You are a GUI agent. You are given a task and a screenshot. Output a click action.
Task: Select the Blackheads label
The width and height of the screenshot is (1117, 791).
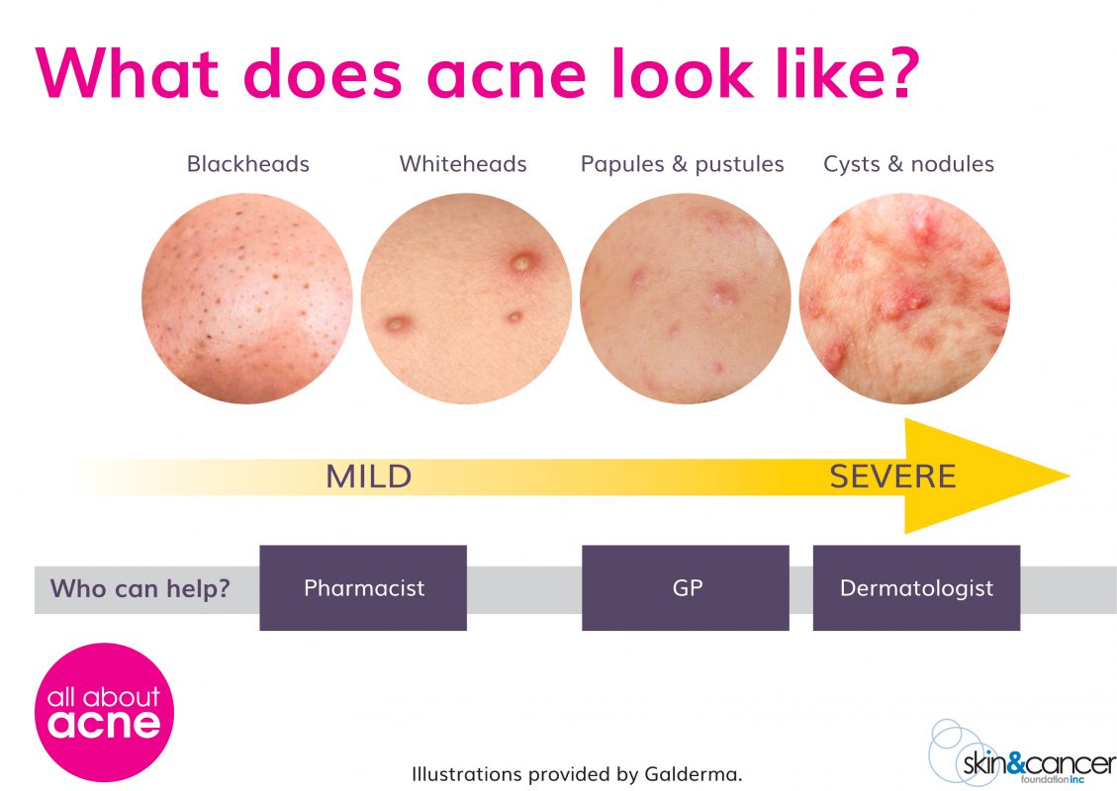(247, 164)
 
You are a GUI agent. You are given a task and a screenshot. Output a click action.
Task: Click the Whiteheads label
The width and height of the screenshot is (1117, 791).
(463, 164)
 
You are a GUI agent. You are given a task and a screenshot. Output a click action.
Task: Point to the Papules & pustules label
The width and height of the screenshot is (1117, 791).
(682, 164)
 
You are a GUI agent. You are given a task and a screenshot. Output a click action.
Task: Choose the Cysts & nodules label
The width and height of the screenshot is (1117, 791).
(908, 164)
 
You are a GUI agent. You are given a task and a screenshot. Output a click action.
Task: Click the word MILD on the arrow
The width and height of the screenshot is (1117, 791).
(368, 478)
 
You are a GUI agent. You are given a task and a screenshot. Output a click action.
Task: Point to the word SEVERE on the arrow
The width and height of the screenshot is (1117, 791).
(892, 478)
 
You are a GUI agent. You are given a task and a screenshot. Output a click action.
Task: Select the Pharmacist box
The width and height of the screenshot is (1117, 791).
(363, 588)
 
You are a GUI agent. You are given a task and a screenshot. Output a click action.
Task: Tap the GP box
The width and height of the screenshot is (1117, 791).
(686, 588)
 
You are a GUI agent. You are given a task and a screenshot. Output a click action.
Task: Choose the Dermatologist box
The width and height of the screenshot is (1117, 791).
(916, 588)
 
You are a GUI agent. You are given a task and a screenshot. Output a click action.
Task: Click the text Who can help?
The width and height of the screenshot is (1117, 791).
(140, 589)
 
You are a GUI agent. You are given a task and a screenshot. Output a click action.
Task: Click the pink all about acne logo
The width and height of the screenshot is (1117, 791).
(104, 712)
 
